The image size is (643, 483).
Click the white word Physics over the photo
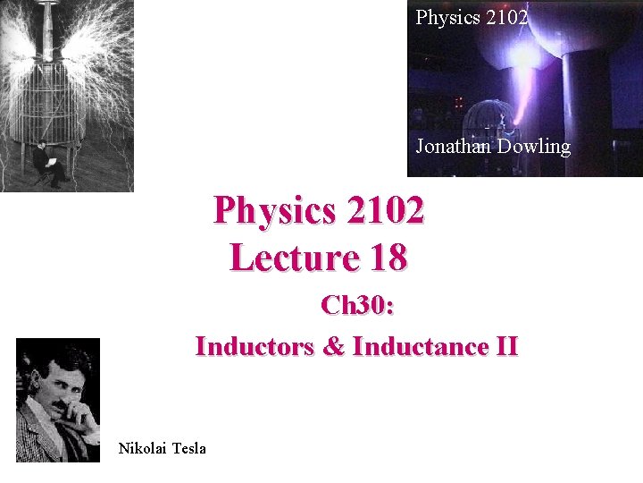coord(446,16)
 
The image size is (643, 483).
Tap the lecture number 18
coord(387,258)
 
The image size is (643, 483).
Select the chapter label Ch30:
coord(358,306)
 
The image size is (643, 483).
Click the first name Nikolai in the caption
coord(142,448)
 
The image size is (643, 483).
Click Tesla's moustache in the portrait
coord(55,406)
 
